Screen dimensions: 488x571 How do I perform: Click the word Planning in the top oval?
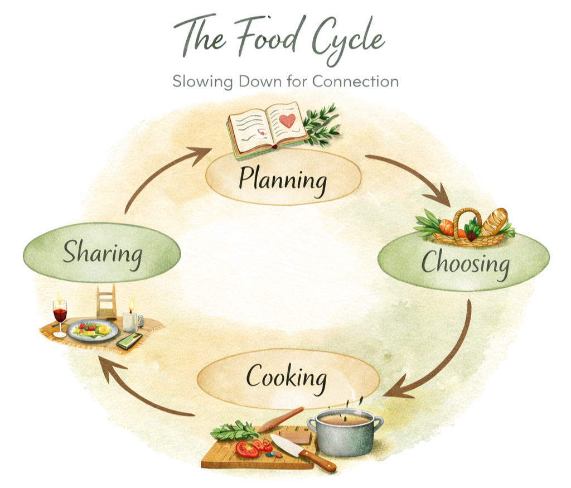pyautogui.click(x=283, y=180)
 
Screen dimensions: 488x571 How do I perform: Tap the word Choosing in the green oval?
pyautogui.click(x=464, y=263)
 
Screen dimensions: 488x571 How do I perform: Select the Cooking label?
pyautogui.click(x=286, y=378)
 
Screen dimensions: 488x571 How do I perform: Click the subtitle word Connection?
pyautogui.click(x=355, y=81)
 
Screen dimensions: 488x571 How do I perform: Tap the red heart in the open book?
pyautogui.click(x=287, y=120)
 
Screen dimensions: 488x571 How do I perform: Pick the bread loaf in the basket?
pyautogui.click(x=494, y=221)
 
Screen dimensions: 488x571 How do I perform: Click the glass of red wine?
pyautogui.click(x=60, y=316)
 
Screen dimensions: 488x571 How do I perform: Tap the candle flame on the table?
pyautogui.click(x=132, y=304)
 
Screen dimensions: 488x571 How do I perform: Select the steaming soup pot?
pyautogui.click(x=344, y=432)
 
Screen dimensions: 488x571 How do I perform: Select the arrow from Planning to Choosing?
pyautogui.click(x=410, y=176)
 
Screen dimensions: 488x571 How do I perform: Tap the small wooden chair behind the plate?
pyautogui.click(x=107, y=302)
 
